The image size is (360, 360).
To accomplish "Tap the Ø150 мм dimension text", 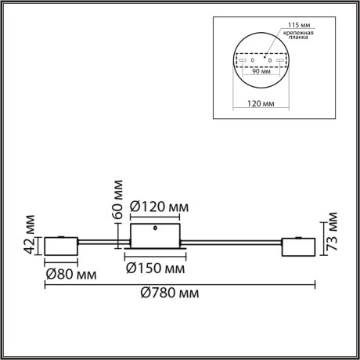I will (x=157, y=268).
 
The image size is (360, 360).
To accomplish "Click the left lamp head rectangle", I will (x=61, y=247).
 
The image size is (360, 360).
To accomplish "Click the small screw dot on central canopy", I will (x=157, y=229).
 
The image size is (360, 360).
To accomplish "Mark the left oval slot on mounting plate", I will (x=244, y=59).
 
